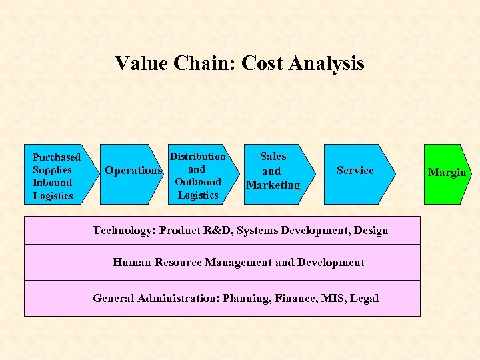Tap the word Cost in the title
[x=262, y=63]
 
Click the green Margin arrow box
[x=447, y=173]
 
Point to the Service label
[x=355, y=171]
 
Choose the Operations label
[x=133, y=171]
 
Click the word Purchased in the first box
[x=57, y=157]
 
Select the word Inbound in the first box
[x=53, y=183]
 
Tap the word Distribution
[x=198, y=157]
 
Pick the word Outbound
[x=198, y=182]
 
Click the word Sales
[x=273, y=157]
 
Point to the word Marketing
[x=273, y=185]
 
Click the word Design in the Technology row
[x=371, y=231]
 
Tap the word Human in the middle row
[x=131, y=263]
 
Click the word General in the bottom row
[x=113, y=299]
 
